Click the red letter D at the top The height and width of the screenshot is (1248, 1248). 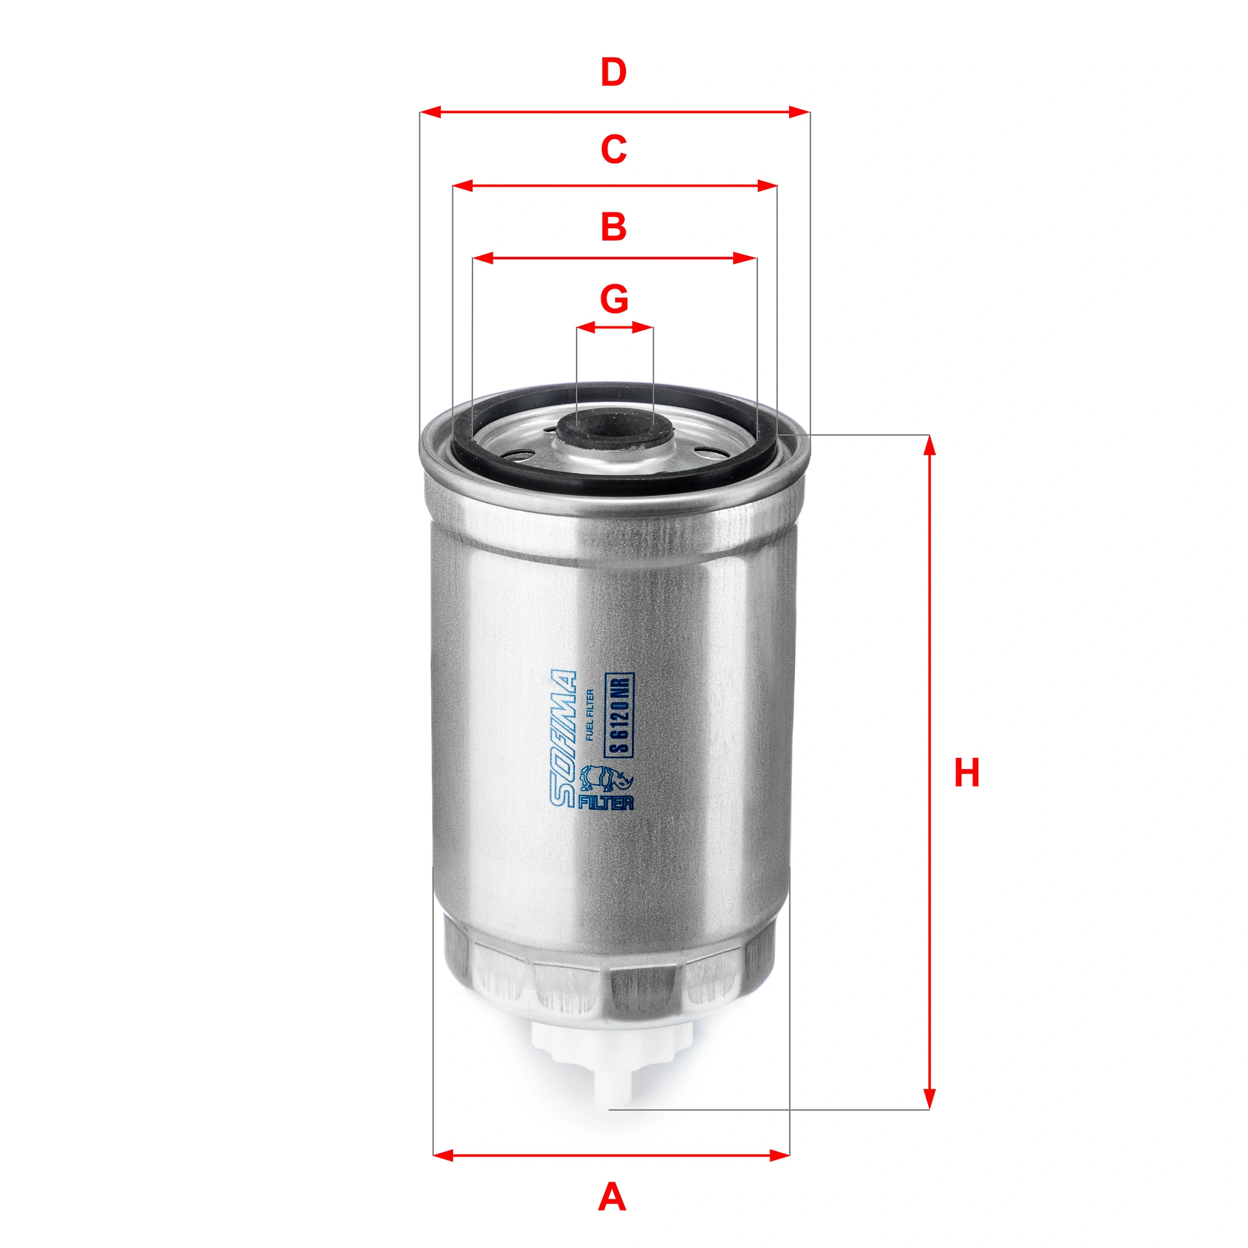614,73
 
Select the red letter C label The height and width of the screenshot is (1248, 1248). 614,149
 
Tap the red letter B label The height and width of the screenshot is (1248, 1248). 614,227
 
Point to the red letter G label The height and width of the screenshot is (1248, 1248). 614,299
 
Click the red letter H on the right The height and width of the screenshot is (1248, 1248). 967,773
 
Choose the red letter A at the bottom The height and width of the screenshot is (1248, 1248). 612,1197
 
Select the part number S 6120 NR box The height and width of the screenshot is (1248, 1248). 619,715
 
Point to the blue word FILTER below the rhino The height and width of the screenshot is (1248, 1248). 606,802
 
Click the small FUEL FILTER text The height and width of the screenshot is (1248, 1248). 590,715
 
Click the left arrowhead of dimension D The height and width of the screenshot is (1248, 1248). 432,112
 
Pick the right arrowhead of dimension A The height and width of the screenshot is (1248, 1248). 779,1155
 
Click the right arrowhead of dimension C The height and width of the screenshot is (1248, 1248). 767,186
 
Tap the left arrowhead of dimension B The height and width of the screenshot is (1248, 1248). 484,258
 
